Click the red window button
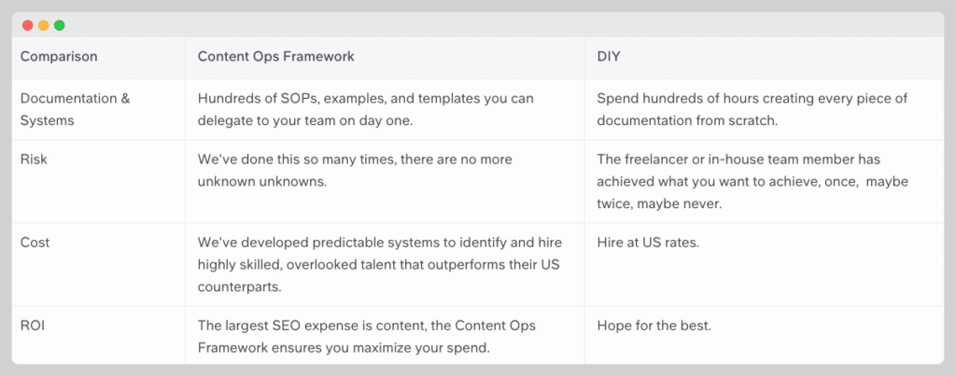[27, 25]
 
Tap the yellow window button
[43, 25]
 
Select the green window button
[59, 25]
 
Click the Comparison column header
[59, 57]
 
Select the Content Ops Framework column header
[275, 57]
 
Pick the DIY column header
[609, 57]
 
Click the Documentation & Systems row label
[75, 110]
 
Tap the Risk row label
[34, 160]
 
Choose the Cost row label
[35, 243]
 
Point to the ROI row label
[33, 326]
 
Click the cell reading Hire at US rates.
[648, 243]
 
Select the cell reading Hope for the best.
[654, 326]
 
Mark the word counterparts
[239, 287]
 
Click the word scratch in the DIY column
[755, 120]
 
